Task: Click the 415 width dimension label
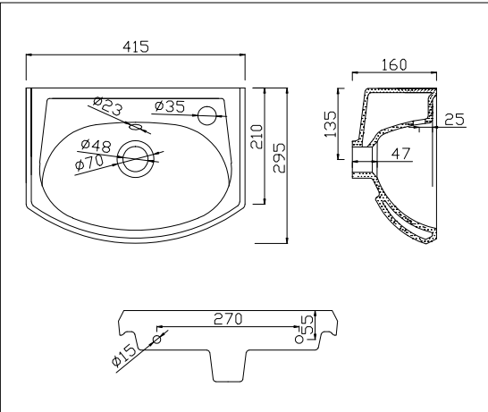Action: [136, 46]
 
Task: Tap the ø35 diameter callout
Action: [169, 106]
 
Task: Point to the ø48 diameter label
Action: [96, 145]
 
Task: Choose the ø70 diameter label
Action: [91, 164]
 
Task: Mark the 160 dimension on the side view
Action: [393, 64]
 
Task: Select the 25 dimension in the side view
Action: [453, 119]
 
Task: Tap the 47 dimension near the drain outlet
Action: [399, 154]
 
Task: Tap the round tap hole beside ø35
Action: [206, 114]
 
